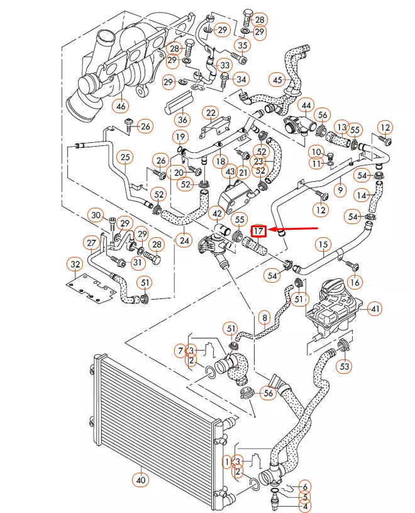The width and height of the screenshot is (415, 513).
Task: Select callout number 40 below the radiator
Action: pos(140,479)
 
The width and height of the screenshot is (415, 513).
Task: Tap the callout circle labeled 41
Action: pos(375,309)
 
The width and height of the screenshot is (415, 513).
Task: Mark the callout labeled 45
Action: pos(277,80)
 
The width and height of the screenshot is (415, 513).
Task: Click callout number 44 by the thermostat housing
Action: pos(306,104)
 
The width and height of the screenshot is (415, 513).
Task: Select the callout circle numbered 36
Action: pos(182,119)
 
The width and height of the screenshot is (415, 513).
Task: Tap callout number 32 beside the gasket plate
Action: pos(75,264)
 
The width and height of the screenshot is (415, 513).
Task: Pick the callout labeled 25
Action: pos(125,157)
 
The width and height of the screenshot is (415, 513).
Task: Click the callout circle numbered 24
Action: pos(184,239)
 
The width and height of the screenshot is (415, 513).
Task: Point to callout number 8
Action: pos(264,318)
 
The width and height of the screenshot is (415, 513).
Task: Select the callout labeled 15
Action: pos(323,244)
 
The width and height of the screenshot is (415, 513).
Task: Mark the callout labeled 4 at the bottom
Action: pos(306,505)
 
